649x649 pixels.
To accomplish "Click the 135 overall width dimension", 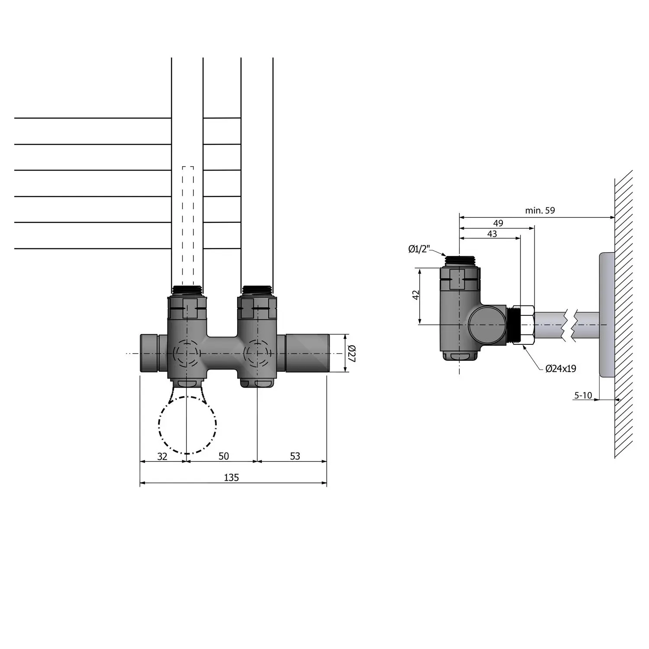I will pos(231,477).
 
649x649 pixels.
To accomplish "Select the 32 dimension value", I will pos(162,456).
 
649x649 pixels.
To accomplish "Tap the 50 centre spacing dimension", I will pos(224,456).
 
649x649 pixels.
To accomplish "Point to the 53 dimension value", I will pos(295,456).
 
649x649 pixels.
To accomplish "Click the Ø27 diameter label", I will pos(351,353).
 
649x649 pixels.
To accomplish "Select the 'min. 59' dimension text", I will pos(540,211).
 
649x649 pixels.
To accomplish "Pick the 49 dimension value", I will pos(498,223).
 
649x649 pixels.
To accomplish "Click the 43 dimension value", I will pos(492,234).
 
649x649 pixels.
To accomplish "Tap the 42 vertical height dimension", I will pos(416,296).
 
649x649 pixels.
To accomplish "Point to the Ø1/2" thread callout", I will pos(419,249).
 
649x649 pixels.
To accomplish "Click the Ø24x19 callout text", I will pos(561,369).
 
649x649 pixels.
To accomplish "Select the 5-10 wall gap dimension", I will pos(583,395).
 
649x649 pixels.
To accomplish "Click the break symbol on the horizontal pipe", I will pos(571,324).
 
